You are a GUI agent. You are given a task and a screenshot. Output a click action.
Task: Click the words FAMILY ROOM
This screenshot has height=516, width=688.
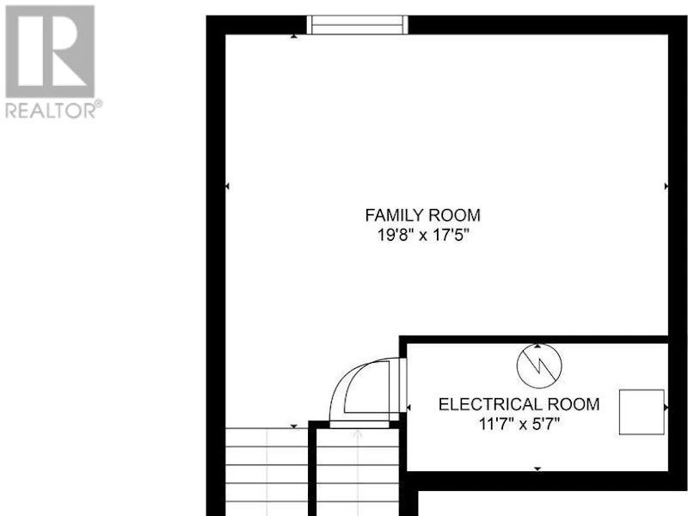tap(423, 216)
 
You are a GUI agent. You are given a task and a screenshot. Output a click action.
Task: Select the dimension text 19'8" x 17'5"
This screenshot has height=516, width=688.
tap(423, 236)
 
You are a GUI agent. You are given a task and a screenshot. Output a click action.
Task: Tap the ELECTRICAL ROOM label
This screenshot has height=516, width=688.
tap(519, 404)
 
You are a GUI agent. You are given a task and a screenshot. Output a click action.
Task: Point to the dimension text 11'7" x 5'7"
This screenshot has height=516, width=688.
tap(519, 424)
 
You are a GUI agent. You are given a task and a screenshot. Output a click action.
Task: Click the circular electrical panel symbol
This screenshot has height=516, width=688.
tap(539, 366)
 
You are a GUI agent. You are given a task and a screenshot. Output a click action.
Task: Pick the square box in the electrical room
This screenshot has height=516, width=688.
tap(642, 412)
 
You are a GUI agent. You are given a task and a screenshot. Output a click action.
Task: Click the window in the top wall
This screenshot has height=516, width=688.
tap(357, 25)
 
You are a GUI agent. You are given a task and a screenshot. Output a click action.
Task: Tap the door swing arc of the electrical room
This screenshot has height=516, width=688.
tap(339, 382)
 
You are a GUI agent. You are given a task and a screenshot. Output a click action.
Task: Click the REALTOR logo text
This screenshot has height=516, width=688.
tap(50, 110)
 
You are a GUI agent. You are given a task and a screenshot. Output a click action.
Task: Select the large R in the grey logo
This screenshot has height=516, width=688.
tap(50, 52)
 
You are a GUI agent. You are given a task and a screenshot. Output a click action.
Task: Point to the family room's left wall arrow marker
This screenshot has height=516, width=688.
tap(227, 187)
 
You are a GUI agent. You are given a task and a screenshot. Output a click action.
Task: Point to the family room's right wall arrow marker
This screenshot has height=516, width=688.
tap(666, 187)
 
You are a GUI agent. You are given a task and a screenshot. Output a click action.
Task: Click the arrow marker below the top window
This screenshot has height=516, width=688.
tap(293, 36)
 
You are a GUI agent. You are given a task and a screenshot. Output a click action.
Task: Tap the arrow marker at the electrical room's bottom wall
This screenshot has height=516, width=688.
tap(537, 469)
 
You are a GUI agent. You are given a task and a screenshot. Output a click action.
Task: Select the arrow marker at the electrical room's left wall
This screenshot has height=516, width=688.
tap(408, 408)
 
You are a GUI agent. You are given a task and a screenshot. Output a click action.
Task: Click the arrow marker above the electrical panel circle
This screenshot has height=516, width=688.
tap(538, 346)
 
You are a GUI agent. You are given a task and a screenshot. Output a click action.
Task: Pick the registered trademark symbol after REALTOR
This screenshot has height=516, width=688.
tap(99, 104)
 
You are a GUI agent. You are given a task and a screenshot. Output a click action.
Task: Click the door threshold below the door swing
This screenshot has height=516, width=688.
tap(359, 424)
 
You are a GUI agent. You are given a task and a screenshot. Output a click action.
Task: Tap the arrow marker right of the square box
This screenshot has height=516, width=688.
tap(666, 408)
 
